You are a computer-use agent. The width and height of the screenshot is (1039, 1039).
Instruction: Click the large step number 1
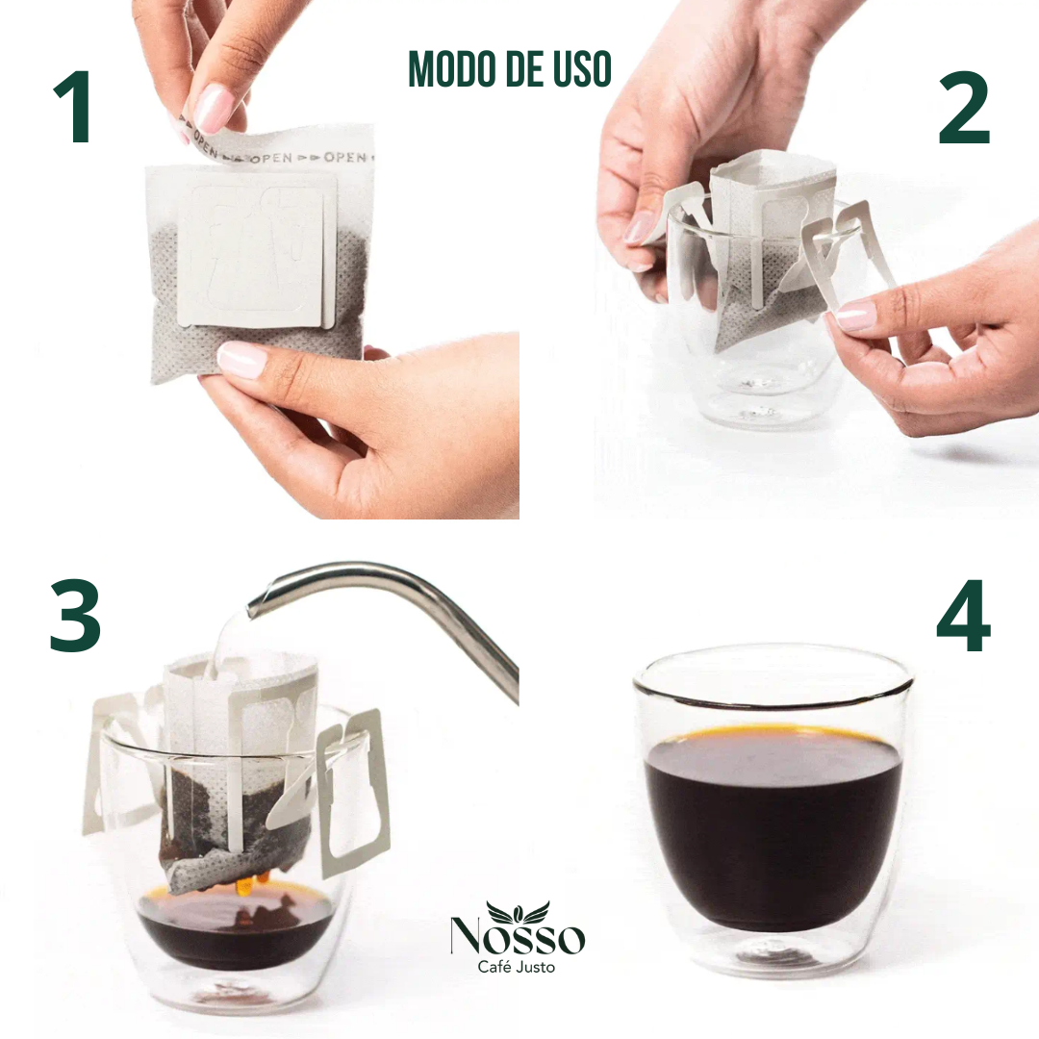pyautogui.click(x=74, y=107)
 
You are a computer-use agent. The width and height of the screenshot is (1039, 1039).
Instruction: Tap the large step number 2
pyautogui.click(x=964, y=108)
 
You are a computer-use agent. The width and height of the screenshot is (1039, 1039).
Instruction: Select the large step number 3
pyautogui.click(x=75, y=615)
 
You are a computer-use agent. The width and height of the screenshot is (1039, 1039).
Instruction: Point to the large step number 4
pyautogui.click(x=964, y=616)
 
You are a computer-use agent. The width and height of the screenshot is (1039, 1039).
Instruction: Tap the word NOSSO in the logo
pyautogui.click(x=518, y=935)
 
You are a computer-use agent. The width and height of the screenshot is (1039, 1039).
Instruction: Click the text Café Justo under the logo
pyautogui.click(x=517, y=967)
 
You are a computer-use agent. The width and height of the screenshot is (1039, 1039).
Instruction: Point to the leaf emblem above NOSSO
pyautogui.click(x=518, y=910)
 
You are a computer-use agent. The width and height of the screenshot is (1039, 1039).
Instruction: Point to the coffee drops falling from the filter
pyautogui.click(x=249, y=885)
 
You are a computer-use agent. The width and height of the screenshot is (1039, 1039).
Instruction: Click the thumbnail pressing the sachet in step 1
pyautogui.click(x=241, y=359)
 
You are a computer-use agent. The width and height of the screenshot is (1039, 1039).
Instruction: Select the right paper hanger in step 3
pyautogui.click(x=351, y=792)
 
